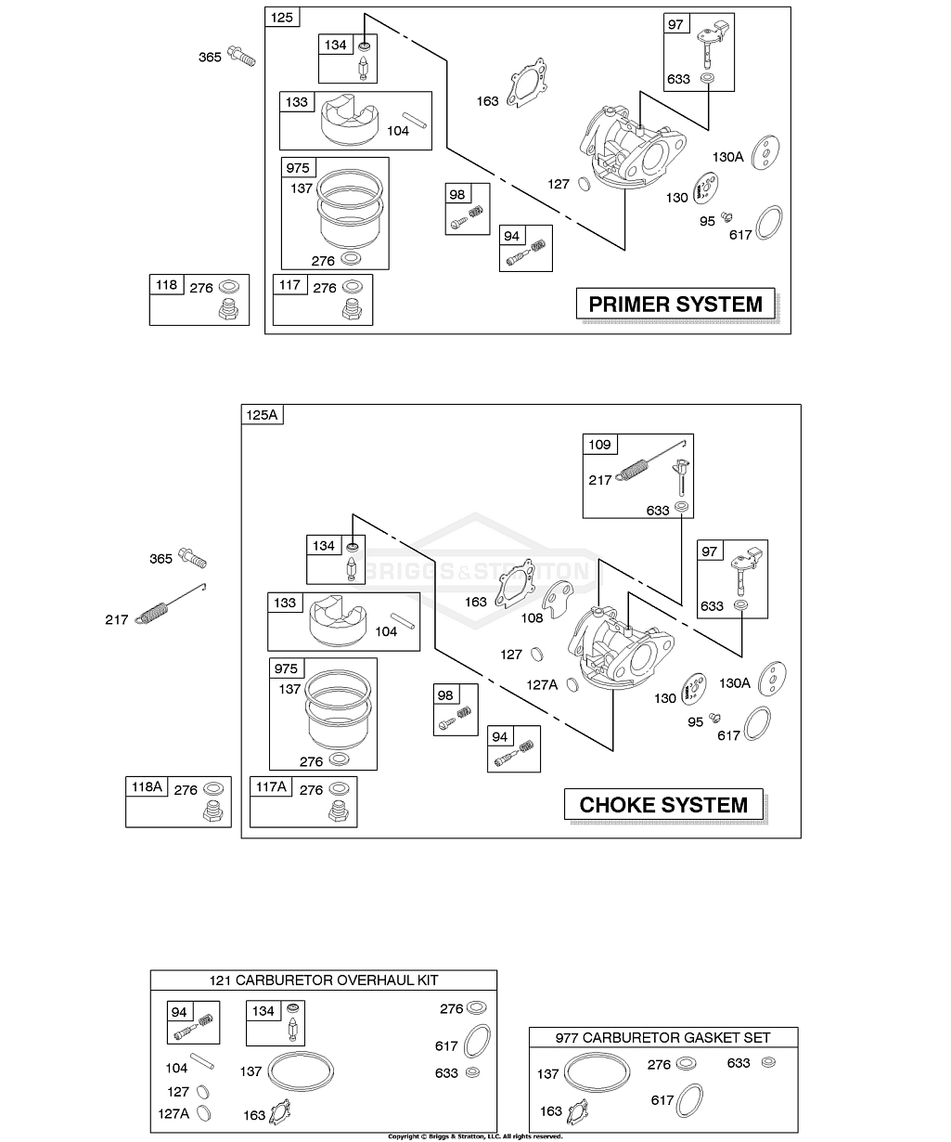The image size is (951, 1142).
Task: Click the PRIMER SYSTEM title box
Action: pos(675,304)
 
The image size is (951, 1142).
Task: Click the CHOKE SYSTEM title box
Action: pos(663,805)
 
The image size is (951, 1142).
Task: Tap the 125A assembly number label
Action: pos(262,415)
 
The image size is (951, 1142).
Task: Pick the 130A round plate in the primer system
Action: pos(766,151)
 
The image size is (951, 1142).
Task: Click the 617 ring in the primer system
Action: pos(769,223)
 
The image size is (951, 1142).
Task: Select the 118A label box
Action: pos(146,787)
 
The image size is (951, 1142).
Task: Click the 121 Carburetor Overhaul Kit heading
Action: pos(324,980)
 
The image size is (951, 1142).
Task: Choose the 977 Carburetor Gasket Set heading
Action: pos(662,1037)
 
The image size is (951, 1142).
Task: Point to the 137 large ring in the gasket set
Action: pos(595,1073)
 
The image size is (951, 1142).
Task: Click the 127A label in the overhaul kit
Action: pos(173,1113)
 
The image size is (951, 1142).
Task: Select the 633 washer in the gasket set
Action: pos(766,1062)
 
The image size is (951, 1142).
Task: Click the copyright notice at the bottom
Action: pos(475,1136)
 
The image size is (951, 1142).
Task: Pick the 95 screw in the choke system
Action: pos(715,717)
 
